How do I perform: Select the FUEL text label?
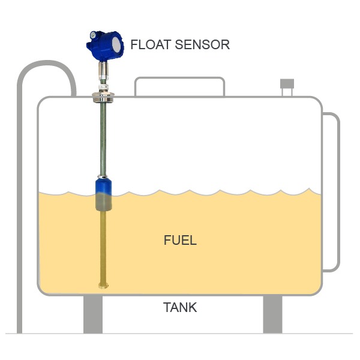(x=180, y=241)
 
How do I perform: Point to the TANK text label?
(x=180, y=308)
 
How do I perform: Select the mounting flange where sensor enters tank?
(x=104, y=97)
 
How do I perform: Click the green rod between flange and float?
(x=104, y=138)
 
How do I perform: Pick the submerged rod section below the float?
(x=104, y=246)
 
